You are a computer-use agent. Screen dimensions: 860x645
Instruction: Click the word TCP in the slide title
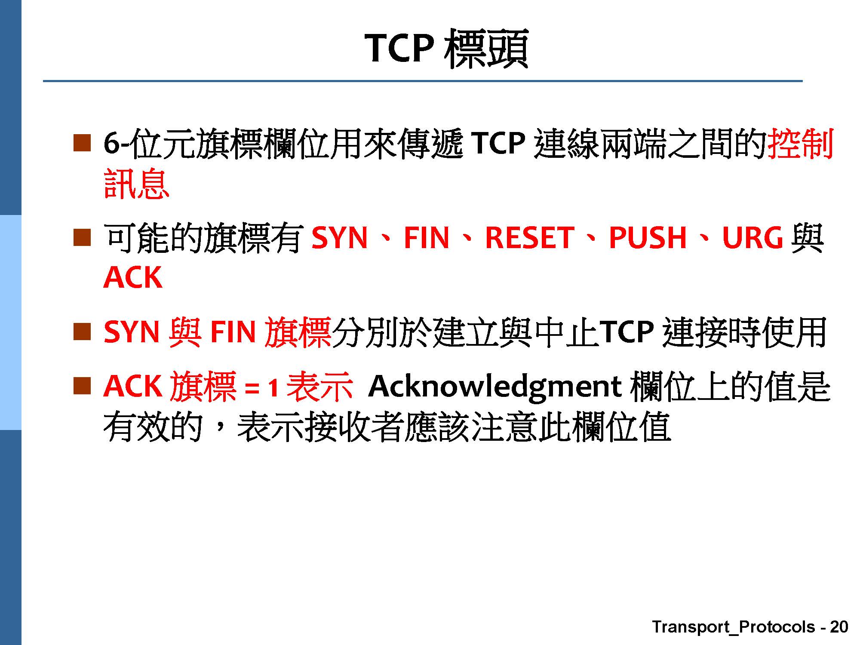pos(399,48)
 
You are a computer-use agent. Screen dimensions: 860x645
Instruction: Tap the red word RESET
pos(529,238)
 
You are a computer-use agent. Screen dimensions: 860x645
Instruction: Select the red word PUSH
pos(648,238)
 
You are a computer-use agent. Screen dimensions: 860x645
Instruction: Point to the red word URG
pos(752,238)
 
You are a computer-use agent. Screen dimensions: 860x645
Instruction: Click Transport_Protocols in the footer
pos(734,627)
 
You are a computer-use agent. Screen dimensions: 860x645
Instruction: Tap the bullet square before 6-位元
pos(82,143)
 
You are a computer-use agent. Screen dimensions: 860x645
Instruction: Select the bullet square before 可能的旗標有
pos(82,237)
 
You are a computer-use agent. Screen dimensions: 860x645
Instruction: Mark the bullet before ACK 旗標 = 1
pos(82,386)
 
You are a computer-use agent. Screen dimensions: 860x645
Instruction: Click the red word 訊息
pos(137,184)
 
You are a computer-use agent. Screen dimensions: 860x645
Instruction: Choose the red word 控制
pos(801,144)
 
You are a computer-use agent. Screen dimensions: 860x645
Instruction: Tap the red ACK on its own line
pos(133,278)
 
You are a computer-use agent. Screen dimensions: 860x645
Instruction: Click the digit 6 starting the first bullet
pos(111,144)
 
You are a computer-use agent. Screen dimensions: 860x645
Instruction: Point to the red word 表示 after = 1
pos(320,387)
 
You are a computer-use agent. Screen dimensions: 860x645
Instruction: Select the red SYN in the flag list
pos(340,238)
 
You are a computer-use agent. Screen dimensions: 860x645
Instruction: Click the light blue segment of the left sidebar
pos(10,322)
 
